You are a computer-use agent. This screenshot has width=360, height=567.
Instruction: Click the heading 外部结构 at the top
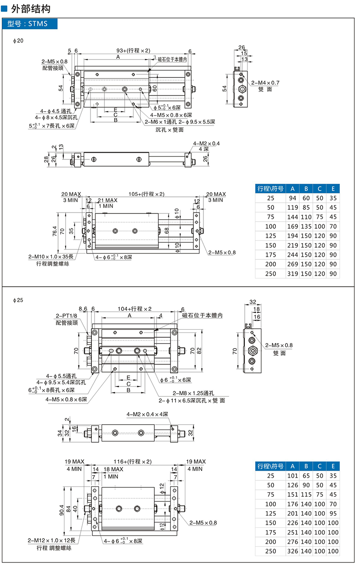[31, 9]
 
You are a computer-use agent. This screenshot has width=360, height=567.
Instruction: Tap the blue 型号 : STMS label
[30, 24]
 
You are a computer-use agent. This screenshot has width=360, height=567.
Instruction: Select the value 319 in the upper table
[292, 274]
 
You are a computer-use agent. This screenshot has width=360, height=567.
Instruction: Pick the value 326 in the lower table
[292, 551]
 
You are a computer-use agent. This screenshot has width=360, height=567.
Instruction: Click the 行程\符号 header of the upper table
[270, 189]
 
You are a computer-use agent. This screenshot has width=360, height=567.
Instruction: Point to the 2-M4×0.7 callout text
[265, 83]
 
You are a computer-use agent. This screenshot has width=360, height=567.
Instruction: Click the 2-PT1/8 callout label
[66, 316]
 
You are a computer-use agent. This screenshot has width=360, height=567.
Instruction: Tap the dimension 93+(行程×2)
[133, 50]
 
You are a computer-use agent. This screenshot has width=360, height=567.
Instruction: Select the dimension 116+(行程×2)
[133, 462]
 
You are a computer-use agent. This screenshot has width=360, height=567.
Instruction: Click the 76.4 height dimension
[55, 231]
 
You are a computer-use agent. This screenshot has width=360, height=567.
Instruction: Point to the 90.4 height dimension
[62, 510]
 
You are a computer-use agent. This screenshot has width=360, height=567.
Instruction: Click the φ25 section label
[18, 300]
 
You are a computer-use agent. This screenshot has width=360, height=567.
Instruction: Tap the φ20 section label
[18, 41]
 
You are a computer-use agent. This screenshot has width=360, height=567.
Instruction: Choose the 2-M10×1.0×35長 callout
[51, 257]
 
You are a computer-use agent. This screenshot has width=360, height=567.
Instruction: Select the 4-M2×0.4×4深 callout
[147, 414]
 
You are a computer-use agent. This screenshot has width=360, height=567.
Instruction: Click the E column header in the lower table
[333, 466]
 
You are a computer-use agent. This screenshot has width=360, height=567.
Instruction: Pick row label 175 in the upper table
[270, 254]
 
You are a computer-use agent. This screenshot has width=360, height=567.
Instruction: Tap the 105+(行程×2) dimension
[147, 194]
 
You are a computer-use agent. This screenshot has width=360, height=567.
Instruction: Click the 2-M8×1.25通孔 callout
[193, 393]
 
